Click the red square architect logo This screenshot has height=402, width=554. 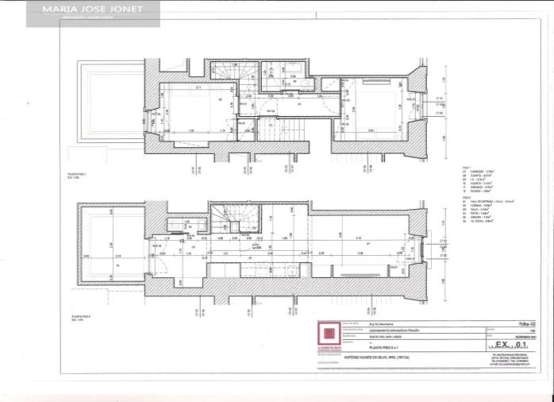329,334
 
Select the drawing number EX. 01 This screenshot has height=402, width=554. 510,346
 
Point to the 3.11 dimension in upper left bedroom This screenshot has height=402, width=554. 198,87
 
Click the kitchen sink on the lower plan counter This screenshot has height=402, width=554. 291,270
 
